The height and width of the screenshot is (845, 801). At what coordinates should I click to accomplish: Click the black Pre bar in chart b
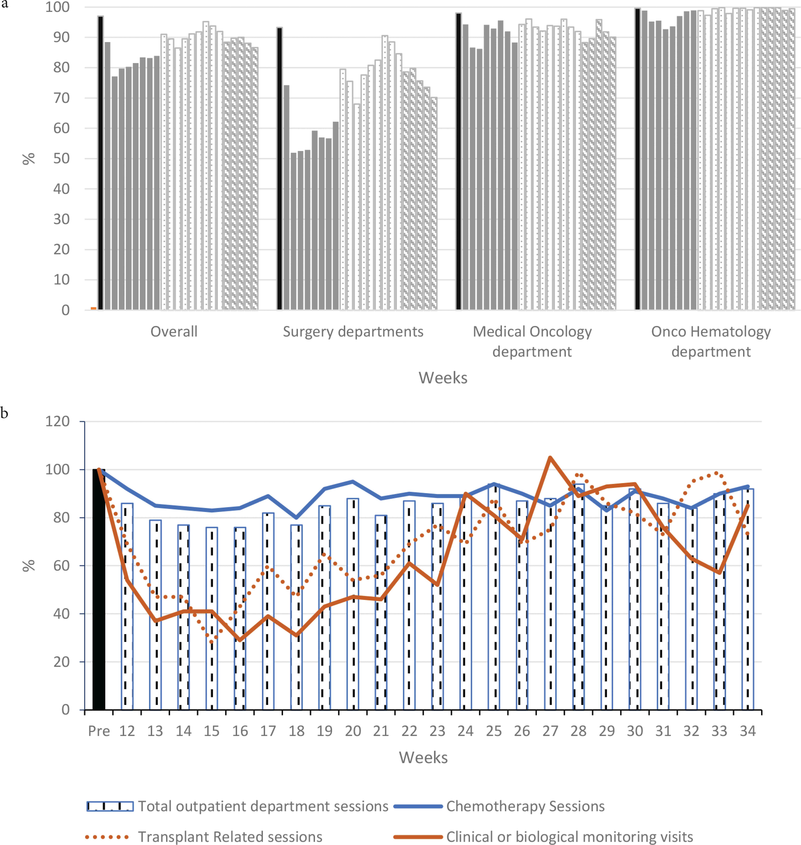99,589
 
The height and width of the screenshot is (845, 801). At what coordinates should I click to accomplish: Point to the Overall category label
174,332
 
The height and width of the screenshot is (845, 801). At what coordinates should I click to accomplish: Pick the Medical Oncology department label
532,341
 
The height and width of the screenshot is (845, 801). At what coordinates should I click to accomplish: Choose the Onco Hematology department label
711,341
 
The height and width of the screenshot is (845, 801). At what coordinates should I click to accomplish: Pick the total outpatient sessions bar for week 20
353,604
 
